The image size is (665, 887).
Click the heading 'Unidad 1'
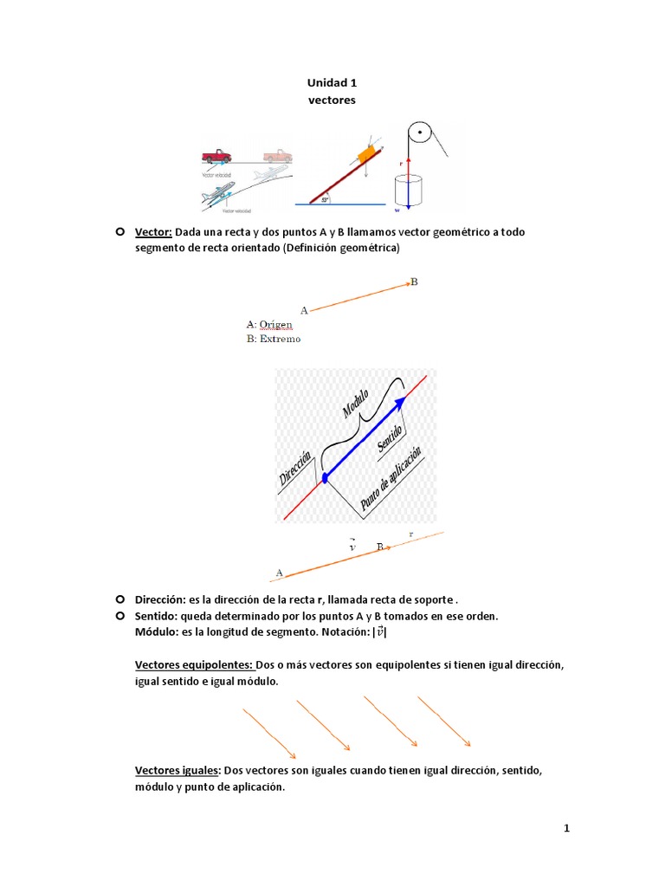(x=332, y=83)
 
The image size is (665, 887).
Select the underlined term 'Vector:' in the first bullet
(x=154, y=232)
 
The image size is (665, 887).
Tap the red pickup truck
(x=216, y=156)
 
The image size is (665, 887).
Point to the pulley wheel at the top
(x=419, y=135)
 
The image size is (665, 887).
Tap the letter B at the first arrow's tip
(x=414, y=282)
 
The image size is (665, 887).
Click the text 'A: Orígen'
(x=269, y=324)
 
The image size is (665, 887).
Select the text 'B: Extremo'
(x=273, y=339)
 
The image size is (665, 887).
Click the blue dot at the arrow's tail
(x=326, y=477)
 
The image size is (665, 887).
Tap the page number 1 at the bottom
(x=566, y=828)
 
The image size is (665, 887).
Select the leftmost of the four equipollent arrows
(x=269, y=732)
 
